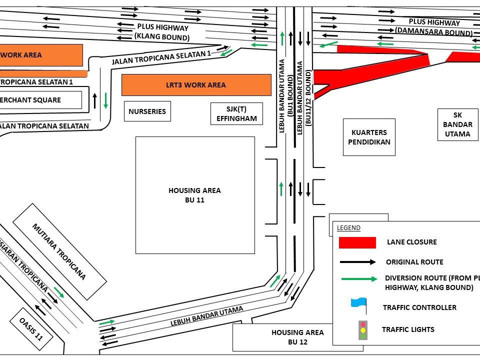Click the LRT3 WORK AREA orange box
196,85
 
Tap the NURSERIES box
147,111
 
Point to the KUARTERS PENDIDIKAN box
369,137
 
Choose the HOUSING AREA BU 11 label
194,195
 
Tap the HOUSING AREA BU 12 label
297,337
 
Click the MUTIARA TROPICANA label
59,251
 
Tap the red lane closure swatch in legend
357,242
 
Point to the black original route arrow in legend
358,261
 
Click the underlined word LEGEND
348,228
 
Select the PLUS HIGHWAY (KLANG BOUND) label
162,31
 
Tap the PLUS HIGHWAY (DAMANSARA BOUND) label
434,27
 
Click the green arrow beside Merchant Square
106,100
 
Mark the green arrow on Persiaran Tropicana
59,292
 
